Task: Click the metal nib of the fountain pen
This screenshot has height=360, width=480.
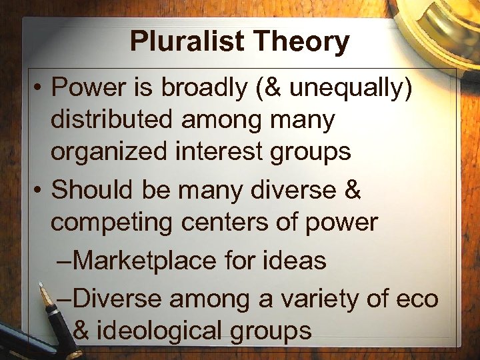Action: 45,293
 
